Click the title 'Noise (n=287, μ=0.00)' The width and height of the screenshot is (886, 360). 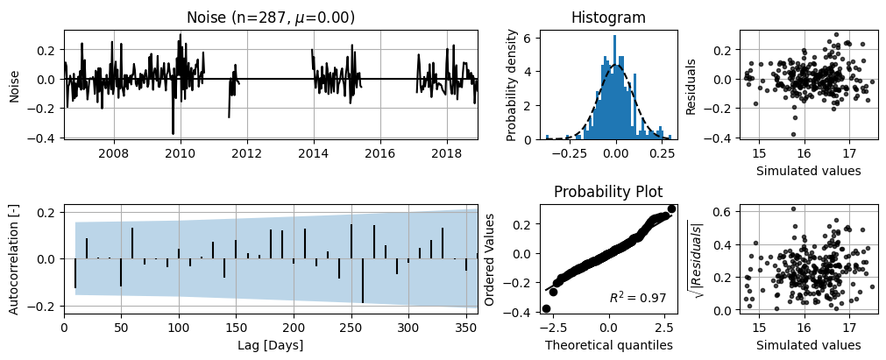pos(271,18)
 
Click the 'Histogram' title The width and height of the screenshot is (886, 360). pos(608,18)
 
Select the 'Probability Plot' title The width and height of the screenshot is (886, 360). pos(608,192)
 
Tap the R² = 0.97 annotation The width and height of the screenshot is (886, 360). pos(637,297)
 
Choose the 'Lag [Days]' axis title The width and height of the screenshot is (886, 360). pos(271,345)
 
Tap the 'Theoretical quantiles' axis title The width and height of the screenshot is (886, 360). pos(608,345)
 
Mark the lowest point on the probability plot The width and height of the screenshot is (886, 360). pos(546,308)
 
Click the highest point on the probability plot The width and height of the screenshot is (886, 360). pos(671,209)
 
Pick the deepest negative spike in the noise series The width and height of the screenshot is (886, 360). pos(173,133)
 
